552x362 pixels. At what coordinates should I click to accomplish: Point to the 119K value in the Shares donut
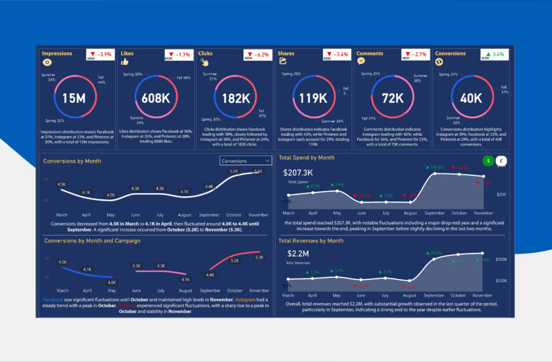(313, 98)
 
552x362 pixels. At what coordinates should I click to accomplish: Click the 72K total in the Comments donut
(392, 98)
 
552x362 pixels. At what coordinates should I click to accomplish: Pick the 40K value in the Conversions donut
(471, 98)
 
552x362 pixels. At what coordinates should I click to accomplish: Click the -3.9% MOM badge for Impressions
(98, 55)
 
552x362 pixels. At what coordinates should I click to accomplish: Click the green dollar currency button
(488, 161)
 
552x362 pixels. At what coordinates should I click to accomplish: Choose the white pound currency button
(501, 161)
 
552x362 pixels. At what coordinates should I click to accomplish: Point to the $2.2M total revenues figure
(295, 254)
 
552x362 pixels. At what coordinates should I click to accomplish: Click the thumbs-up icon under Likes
(125, 62)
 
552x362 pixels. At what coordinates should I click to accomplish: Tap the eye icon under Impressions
(46, 62)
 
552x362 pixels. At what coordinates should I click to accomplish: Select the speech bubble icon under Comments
(361, 62)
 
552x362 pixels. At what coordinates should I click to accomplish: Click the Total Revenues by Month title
(311, 241)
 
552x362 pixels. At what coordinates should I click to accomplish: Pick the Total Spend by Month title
(306, 158)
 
